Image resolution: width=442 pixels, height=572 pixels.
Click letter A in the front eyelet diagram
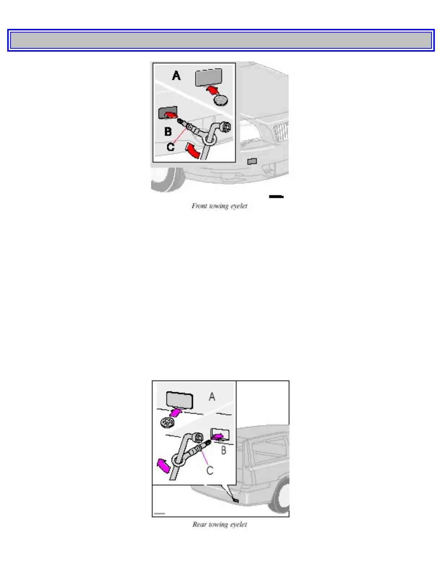176,76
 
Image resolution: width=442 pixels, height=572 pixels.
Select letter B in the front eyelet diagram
168,131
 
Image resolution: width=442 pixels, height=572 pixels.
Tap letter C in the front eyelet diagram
170,147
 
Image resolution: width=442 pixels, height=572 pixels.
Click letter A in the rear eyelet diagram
212,397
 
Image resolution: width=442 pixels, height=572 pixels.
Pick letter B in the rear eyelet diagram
224,450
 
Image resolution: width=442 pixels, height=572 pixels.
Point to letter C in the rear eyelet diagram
210,470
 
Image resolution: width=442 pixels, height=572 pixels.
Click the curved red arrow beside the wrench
192,150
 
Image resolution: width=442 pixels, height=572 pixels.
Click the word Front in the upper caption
199,206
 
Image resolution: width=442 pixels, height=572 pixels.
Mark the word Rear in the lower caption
199,524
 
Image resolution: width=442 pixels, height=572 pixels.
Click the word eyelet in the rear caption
239,524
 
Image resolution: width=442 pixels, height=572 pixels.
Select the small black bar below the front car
276,196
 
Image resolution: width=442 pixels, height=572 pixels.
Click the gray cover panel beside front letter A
208,78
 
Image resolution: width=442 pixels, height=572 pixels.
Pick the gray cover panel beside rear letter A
179,399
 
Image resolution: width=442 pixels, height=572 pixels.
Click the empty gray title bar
221,40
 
